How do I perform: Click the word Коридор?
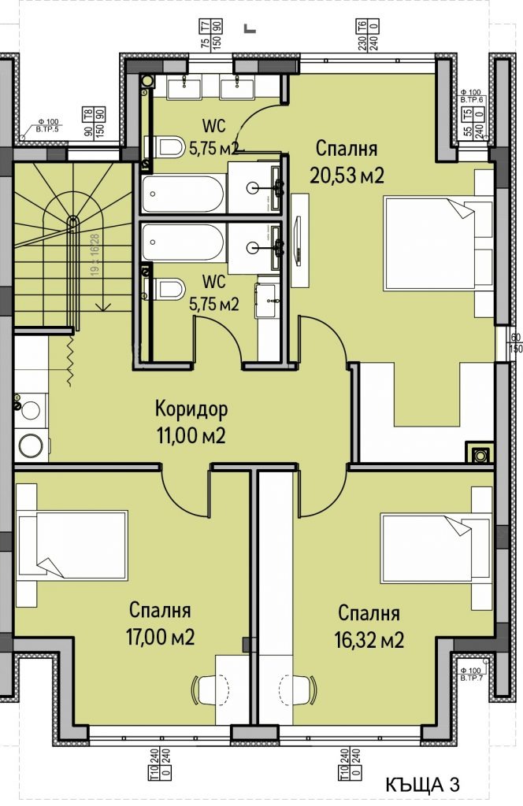191,409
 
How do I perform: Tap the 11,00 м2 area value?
191,435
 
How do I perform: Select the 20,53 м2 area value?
347,175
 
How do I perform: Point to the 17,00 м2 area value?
161,636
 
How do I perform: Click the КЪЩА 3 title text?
421,785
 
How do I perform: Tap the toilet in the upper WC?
165,146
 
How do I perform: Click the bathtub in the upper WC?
184,194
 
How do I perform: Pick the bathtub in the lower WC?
184,242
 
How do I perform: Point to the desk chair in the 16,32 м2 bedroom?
300,690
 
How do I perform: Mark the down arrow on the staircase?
101,303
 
